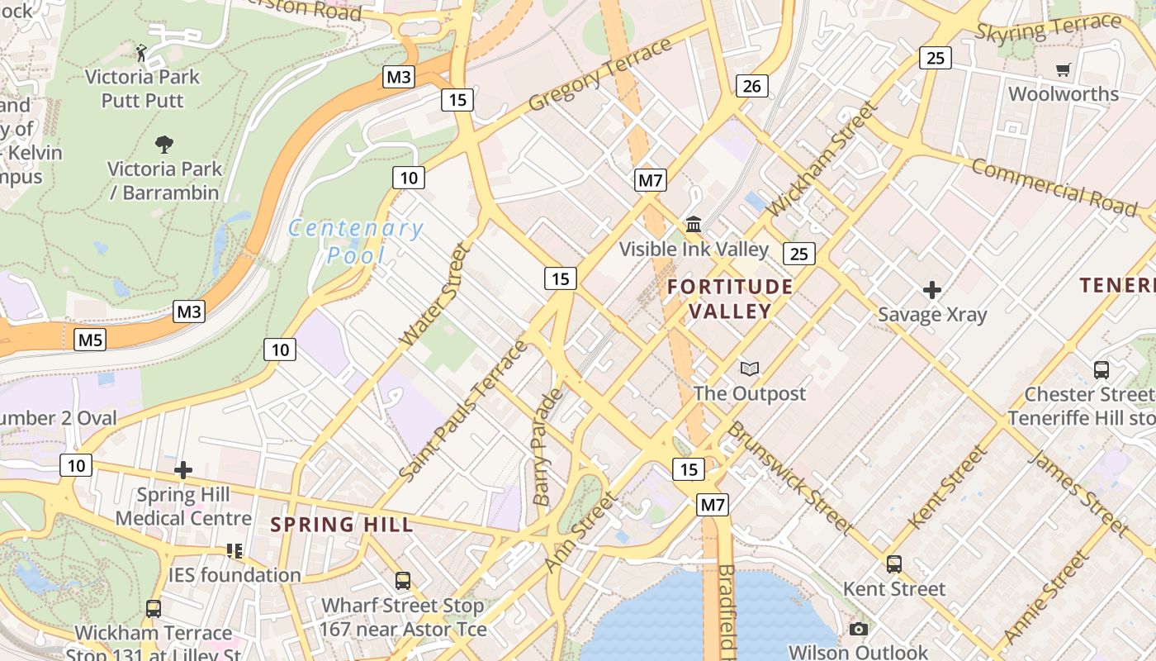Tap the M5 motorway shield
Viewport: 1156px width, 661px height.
90,339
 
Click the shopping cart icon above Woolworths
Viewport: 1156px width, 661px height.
1063,70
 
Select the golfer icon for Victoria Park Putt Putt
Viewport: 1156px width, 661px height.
142,53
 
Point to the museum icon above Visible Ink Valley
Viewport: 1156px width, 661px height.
694,224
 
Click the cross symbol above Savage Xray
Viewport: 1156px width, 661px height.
932,290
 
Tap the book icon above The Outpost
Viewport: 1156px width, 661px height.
749,369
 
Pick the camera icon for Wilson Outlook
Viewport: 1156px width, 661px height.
858,629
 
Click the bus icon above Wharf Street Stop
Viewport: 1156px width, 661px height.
402,581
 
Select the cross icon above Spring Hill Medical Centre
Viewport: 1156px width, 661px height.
183,471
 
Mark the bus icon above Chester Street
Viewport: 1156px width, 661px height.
1101,369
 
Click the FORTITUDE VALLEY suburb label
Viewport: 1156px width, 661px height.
730,298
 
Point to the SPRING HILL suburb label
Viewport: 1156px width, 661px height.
342,524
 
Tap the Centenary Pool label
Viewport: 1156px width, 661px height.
356,241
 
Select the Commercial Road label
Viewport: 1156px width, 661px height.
1054,187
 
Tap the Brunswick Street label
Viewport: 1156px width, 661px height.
789,478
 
